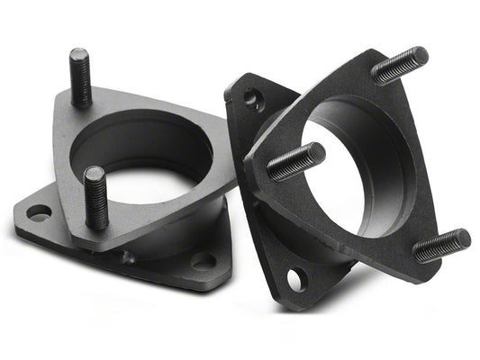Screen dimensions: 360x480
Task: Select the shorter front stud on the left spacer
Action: coord(95,198)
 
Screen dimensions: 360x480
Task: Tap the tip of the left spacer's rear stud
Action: coord(77,52)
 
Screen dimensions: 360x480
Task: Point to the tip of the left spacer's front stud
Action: coord(94,171)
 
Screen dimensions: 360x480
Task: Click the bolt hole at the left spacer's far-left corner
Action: coord(40,213)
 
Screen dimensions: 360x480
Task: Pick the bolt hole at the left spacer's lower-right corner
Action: coord(204,262)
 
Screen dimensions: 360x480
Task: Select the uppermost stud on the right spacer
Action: coord(399,65)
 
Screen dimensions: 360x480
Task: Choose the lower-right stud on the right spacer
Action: coord(441,245)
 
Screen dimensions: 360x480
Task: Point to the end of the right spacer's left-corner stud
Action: coord(320,148)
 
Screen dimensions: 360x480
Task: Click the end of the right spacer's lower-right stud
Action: coord(465,236)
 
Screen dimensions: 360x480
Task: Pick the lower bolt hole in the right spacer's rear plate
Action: coord(294,280)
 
